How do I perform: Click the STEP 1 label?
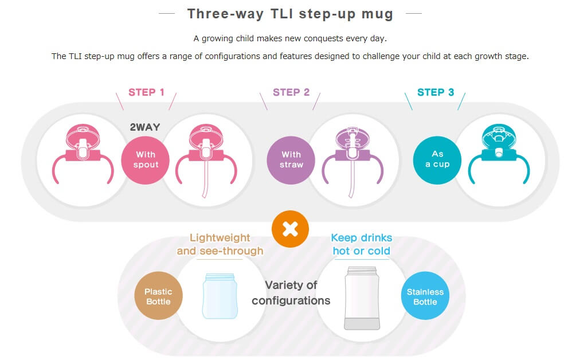pos(146,92)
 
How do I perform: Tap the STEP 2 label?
pos(291,92)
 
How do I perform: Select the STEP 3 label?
pos(436,92)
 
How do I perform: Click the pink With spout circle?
pos(146,160)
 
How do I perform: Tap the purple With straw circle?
pos(291,160)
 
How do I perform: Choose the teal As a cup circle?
pos(437,160)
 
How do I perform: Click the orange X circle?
pos(290,229)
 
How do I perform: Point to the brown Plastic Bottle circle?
pos(158,296)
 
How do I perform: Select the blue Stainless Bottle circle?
pos(425,296)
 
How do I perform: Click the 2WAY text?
pos(145,127)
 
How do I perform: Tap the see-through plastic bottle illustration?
pos(220,296)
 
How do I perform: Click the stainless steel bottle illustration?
pos(362,298)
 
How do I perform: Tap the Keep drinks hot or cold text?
pos(362,244)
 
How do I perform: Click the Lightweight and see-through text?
pos(220,244)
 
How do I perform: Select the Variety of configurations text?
pos(291,293)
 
